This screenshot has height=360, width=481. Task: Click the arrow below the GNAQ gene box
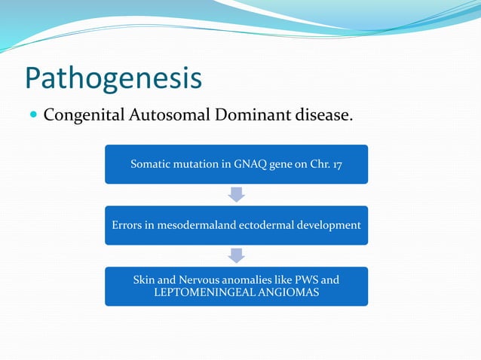coord(237,195)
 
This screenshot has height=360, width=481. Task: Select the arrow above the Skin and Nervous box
coord(237,256)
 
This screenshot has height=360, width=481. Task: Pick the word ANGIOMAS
coord(288,292)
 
